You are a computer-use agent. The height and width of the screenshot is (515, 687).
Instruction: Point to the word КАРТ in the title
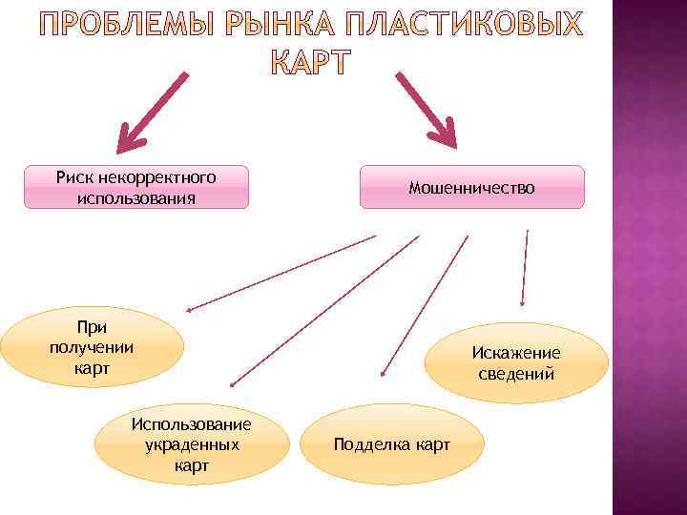click(x=311, y=64)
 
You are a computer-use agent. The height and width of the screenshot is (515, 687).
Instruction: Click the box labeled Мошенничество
click(x=471, y=187)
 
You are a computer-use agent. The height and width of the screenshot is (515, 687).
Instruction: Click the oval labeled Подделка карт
click(x=392, y=444)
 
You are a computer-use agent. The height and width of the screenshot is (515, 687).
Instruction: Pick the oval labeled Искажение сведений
click(x=516, y=363)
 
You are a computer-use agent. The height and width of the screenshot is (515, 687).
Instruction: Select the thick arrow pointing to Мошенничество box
click(x=427, y=108)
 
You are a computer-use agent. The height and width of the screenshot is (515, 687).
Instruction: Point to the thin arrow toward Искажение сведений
click(x=524, y=267)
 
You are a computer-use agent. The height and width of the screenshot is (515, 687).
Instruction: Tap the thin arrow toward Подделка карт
click(x=425, y=305)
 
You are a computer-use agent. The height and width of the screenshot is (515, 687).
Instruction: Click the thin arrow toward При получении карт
click(x=281, y=273)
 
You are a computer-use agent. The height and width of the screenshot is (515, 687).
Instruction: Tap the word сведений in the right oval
click(x=516, y=374)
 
